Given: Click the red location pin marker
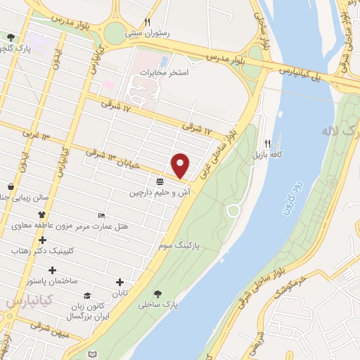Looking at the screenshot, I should tap(181, 166).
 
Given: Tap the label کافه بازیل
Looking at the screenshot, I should tap(268, 154).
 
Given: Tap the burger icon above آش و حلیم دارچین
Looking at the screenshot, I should tap(160, 181).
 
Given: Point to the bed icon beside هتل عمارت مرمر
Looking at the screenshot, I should tap(102, 215).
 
